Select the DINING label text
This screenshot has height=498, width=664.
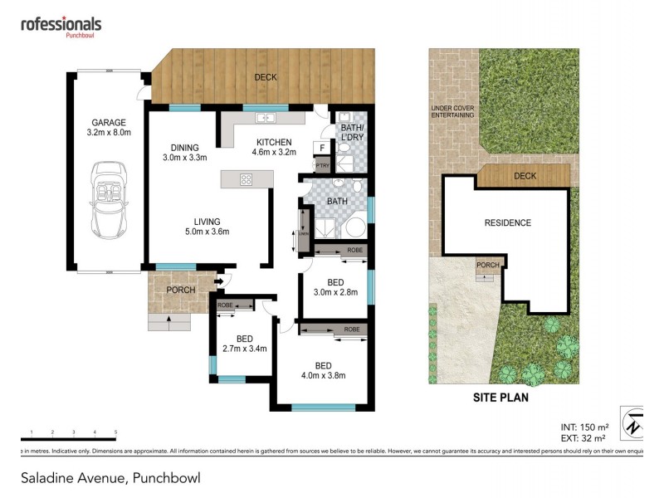[184, 148]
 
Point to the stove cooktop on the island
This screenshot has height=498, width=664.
[247, 178]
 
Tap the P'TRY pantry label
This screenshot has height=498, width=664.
[321, 166]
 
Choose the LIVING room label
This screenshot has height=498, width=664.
[207, 222]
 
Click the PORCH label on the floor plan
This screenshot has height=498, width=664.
[181, 290]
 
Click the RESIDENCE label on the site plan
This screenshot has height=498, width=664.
[507, 222]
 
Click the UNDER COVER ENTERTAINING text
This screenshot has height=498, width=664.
[452, 112]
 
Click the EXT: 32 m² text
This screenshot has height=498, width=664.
[583, 437]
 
